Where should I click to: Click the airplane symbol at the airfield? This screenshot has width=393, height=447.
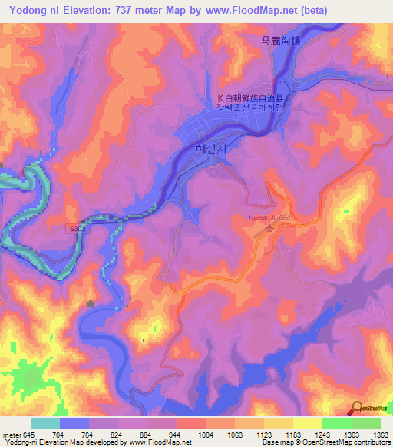click(x=269, y=228)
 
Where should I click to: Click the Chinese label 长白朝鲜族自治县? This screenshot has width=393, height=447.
click(x=249, y=98)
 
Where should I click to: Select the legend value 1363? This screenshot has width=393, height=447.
click(x=381, y=435)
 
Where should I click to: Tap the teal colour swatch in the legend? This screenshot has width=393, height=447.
click(x=45, y=423)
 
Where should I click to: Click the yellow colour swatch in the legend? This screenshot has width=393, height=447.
click(x=307, y=423)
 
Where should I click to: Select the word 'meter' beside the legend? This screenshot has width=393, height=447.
click(x=11, y=435)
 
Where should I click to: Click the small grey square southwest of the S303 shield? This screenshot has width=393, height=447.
click(x=91, y=303)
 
